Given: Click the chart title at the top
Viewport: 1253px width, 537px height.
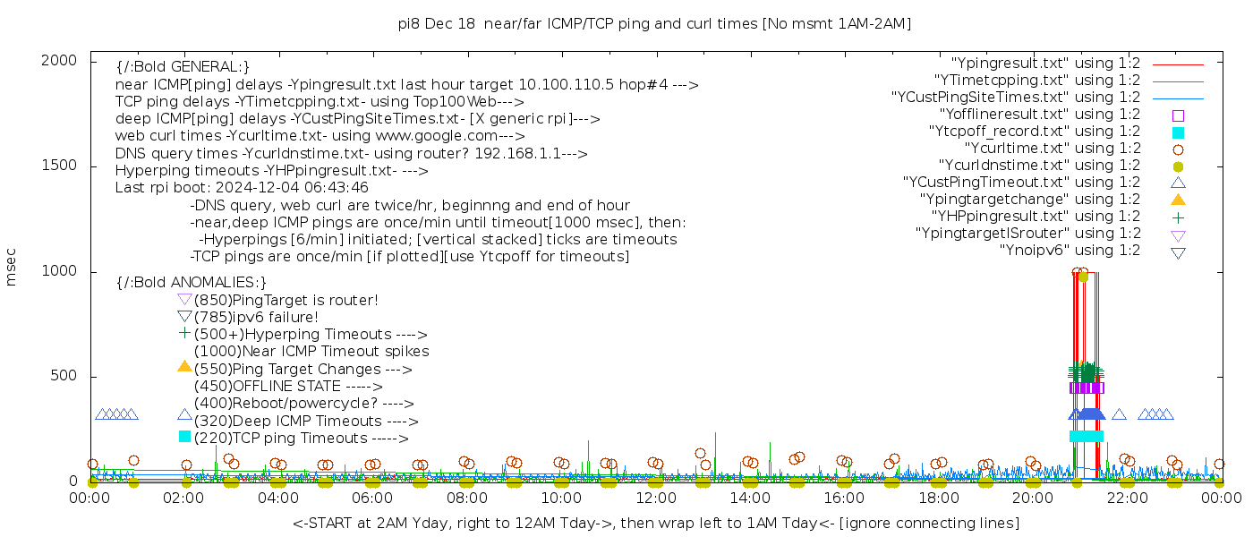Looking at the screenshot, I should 654,24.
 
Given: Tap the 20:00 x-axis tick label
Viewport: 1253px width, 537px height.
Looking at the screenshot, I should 1032,499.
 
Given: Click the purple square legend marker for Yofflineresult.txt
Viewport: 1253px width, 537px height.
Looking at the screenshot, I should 1178,115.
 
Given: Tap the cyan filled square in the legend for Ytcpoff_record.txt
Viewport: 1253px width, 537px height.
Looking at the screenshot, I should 1178,132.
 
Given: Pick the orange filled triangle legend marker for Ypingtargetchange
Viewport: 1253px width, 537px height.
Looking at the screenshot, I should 1178,200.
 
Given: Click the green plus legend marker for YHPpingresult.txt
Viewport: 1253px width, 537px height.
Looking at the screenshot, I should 1178,217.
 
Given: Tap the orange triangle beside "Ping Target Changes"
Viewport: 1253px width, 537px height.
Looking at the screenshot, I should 184,366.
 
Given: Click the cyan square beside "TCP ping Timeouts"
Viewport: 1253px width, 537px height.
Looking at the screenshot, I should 184,436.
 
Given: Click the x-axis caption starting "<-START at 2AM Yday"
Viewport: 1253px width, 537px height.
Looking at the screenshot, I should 655,523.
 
